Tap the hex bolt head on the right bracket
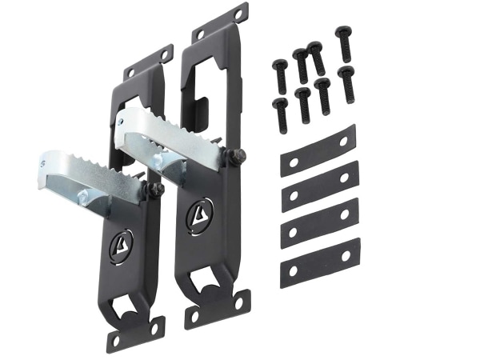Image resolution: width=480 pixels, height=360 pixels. [x=237, y=158]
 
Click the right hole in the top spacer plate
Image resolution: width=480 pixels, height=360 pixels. [x=343, y=141]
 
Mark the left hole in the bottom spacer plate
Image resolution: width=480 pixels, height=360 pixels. [x=293, y=271]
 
